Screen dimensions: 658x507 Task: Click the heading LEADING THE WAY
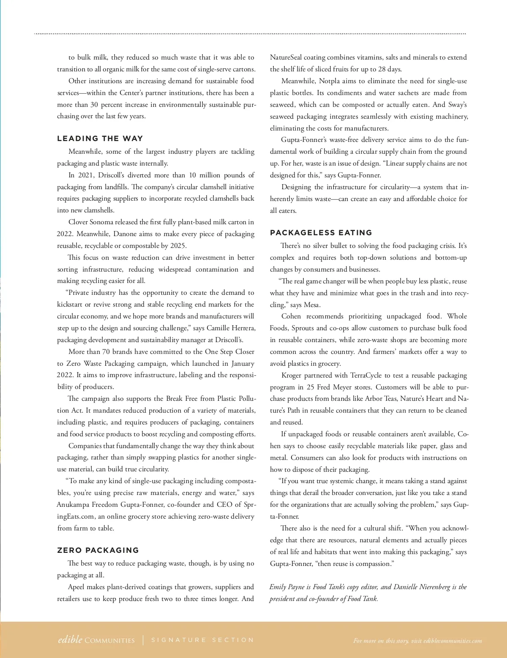click(x=100, y=139)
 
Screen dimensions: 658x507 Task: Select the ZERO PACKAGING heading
click(x=98, y=550)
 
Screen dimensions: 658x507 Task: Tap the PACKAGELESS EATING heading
click(x=321, y=233)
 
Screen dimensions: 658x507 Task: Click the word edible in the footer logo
click(x=70, y=640)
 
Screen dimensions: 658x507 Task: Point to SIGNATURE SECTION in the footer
click(x=203, y=640)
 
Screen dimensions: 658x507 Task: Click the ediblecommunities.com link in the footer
click(x=452, y=641)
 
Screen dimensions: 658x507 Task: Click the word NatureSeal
click(x=286, y=57)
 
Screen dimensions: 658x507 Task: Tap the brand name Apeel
click(x=76, y=587)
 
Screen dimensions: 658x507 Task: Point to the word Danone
click(x=125, y=234)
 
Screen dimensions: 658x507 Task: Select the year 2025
click(x=178, y=246)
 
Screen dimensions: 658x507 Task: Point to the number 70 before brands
click(x=106, y=352)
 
